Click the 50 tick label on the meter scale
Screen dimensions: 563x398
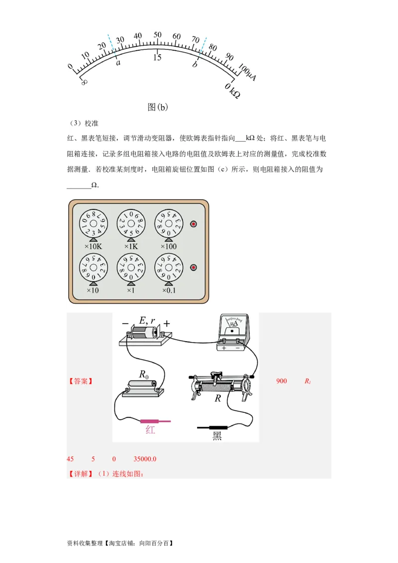157,35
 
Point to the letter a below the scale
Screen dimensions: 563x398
118,63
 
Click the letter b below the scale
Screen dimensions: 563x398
195,64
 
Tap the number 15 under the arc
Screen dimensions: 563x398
157,58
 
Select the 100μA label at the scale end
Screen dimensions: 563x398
247,74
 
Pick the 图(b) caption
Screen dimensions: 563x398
158,107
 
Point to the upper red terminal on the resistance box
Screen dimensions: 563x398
194,224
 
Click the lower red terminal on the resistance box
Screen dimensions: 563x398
194,268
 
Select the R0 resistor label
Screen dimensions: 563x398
143,375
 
